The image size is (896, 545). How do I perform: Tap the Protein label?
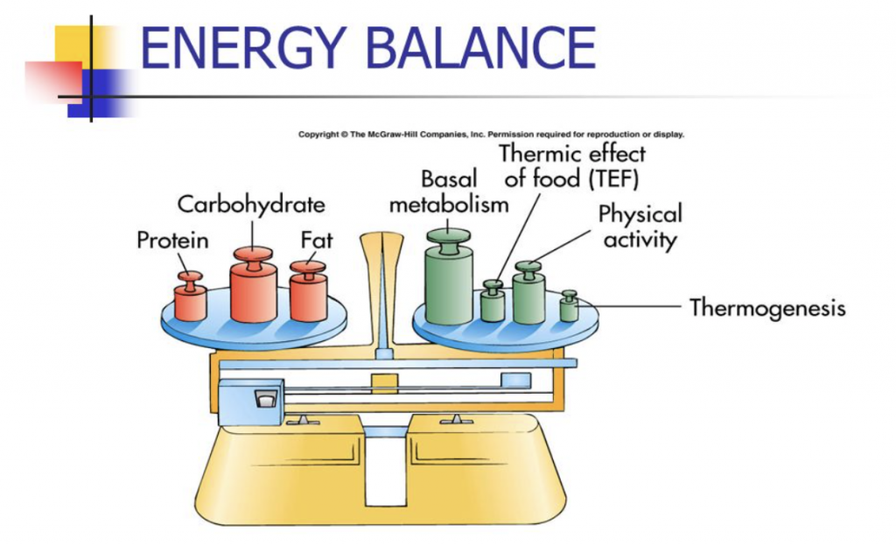coord(172,240)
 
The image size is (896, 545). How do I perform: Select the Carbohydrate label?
coord(251,205)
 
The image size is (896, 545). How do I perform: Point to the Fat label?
coord(316,240)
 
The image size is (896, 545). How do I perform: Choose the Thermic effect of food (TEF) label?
coord(573,166)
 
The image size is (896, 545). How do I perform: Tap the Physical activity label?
coord(640,227)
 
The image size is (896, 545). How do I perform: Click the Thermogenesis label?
coord(767,308)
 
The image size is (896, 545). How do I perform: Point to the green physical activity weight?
coord(528,293)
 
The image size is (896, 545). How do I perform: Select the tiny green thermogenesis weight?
coord(569,307)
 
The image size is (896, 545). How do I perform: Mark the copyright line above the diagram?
coord(491,135)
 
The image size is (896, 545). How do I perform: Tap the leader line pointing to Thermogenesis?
coord(630,307)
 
